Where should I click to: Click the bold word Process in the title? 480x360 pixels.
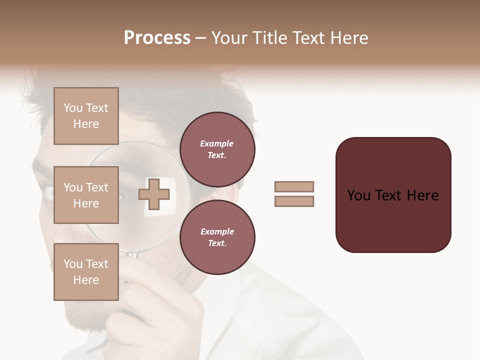coord(157,38)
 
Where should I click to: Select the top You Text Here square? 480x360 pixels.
coord(86,116)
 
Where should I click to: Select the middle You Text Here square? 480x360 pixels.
coord(86,195)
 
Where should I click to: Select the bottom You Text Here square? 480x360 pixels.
coord(86,272)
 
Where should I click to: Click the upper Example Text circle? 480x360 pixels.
coord(217,149)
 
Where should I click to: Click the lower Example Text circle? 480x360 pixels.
coord(217,237)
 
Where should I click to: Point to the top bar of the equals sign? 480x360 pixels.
coord(294,187)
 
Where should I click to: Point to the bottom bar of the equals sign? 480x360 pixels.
coord(294,201)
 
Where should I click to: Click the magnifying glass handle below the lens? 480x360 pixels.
coord(132,256)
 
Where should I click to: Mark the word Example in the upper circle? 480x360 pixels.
coord(217,143)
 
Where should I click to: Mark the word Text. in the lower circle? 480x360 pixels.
coord(217,243)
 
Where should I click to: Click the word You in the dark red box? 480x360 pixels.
coord(358,195)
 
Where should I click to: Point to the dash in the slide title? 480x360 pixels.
coord(201,38)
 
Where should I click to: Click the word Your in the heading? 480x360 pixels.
coord(228,38)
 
